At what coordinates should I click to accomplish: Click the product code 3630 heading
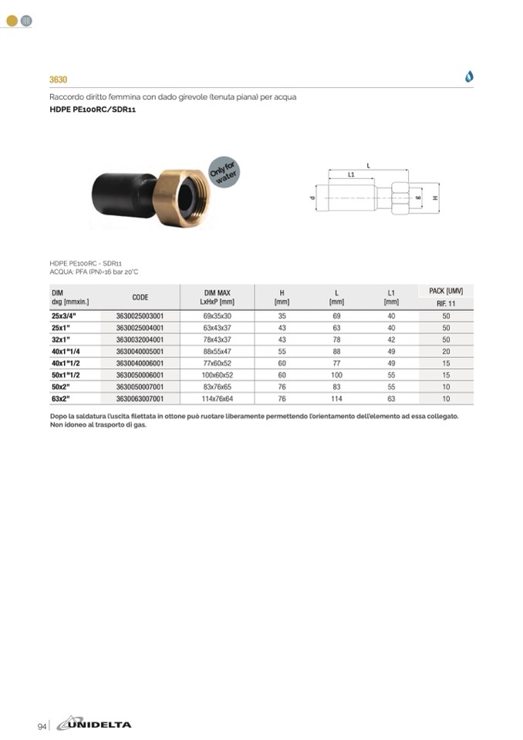click(59, 79)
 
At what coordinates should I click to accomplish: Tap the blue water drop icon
click(469, 76)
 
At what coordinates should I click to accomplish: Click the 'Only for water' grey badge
click(224, 172)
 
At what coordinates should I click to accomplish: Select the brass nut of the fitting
click(181, 198)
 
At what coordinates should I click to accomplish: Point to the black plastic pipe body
click(123, 194)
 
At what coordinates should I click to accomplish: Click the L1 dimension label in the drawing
click(351, 174)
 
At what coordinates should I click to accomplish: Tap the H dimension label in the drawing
click(435, 198)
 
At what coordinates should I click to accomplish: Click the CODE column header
click(140, 297)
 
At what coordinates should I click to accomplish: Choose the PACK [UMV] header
click(446, 291)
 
